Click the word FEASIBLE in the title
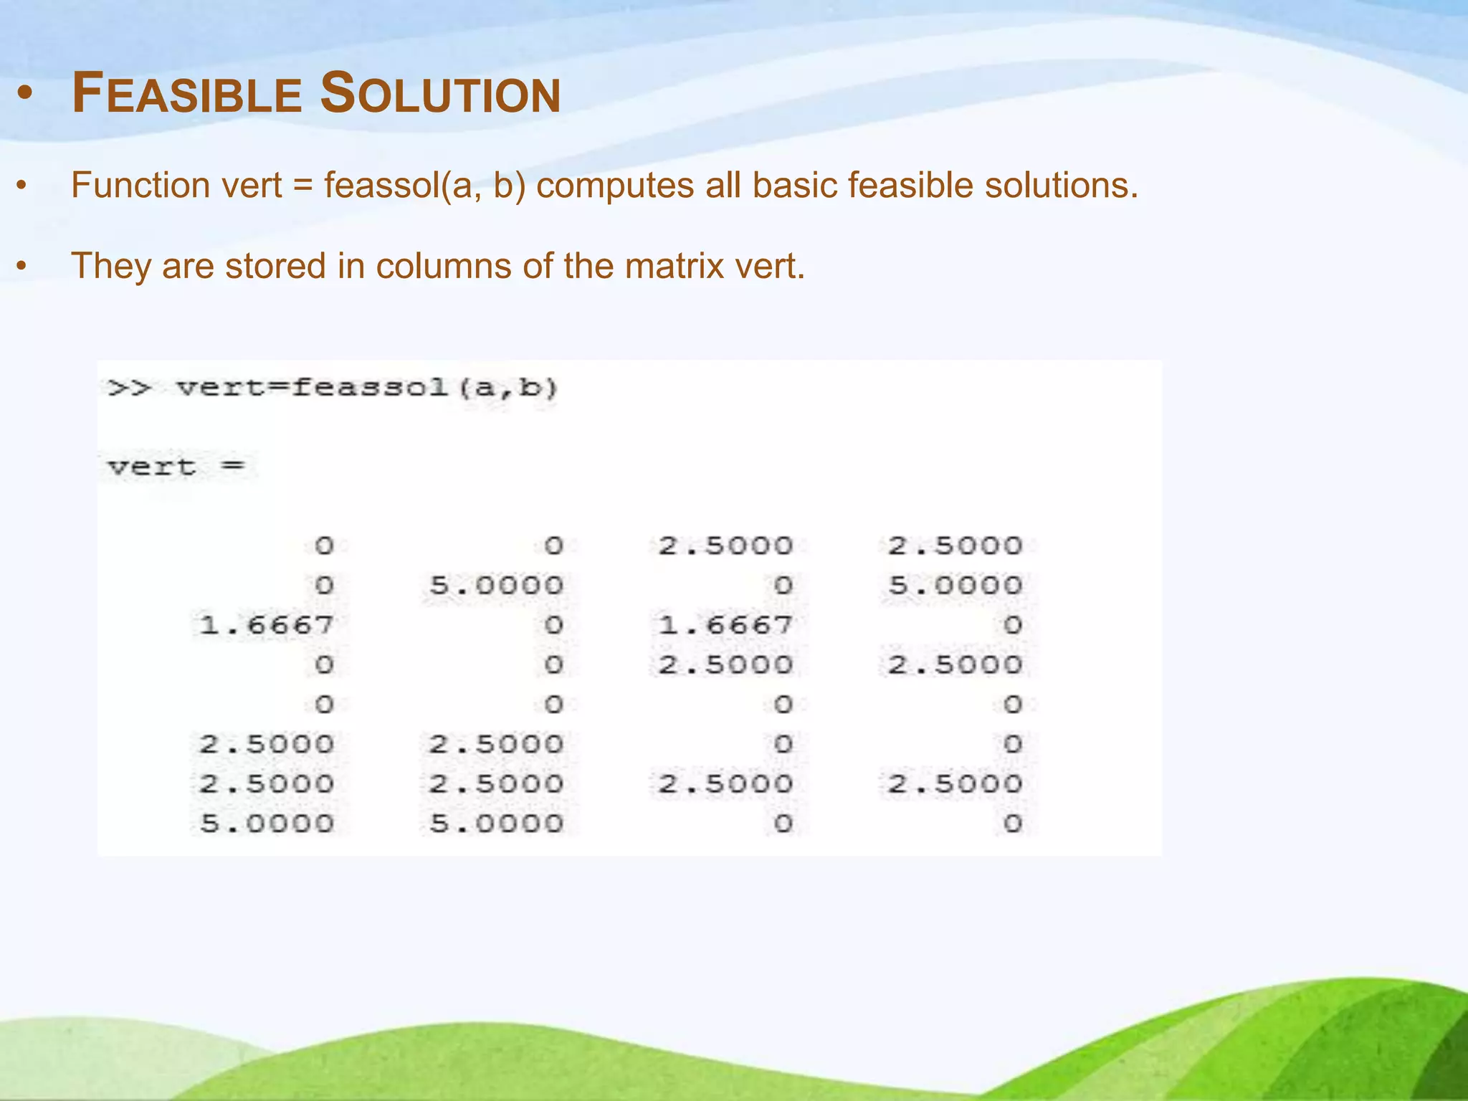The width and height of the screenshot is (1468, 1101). coord(188,94)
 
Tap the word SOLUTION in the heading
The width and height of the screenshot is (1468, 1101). coord(440,94)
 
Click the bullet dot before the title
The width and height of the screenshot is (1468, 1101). coord(26,94)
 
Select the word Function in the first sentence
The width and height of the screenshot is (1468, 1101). coord(140,186)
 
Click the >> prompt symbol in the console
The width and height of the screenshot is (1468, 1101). coord(130,389)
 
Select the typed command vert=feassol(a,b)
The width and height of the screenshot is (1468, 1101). coord(367,389)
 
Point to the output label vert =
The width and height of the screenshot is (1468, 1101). coord(176,467)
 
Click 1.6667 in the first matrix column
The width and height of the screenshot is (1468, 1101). coord(267,626)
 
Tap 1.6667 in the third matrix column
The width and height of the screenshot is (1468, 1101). coord(725,626)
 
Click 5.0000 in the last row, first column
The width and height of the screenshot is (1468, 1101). coord(267,824)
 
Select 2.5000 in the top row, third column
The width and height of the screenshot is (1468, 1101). coord(725,547)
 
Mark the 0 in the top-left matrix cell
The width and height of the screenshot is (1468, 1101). coord(324,547)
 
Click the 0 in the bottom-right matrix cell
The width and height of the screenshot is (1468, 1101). coord(1012,824)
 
